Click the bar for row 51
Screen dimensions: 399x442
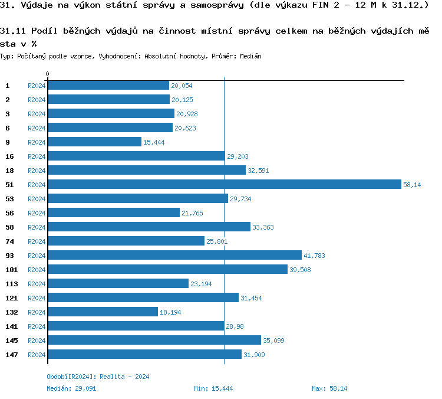[224, 185]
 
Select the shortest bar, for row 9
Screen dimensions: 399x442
[94, 142]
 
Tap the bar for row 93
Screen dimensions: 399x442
[174, 256]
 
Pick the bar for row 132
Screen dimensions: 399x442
[103, 312]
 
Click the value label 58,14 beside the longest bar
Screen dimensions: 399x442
[412, 185]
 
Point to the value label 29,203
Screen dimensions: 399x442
[238, 156]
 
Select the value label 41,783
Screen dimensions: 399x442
[314, 256]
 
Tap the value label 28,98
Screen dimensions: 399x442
[235, 326]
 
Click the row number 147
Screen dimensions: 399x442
[11, 355]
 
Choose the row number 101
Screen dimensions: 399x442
[11, 270]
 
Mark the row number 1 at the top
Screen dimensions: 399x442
[8, 86]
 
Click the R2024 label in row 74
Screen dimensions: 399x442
[37, 241]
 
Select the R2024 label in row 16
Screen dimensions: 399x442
[37, 156]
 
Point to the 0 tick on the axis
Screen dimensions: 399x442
[47, 74]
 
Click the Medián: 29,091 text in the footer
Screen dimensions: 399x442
[71, 388]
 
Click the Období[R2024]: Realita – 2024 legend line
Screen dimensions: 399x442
[98, 377]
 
